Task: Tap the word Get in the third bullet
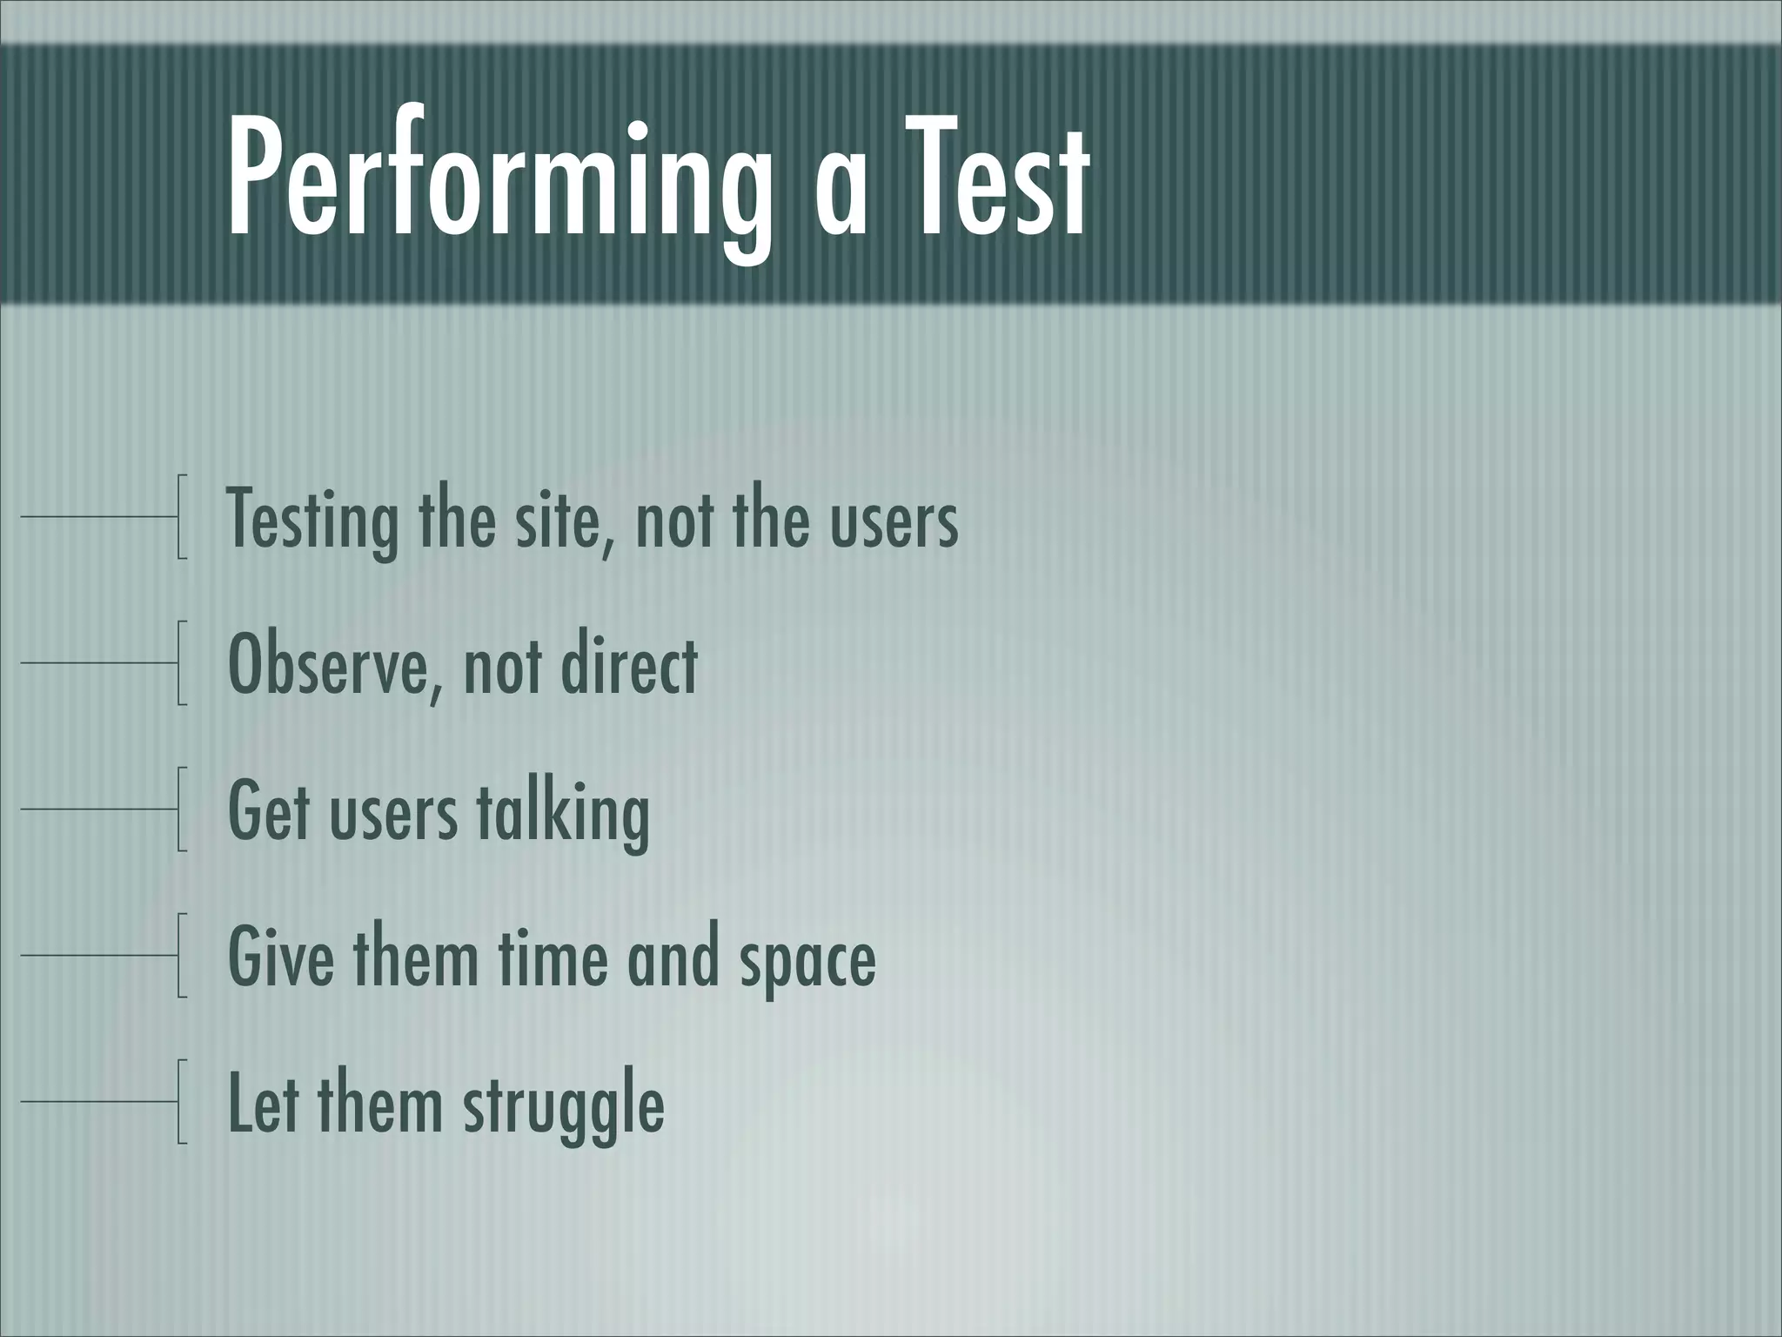(269, 811)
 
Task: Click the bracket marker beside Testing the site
(181, 516)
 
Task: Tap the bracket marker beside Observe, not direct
(181, 662)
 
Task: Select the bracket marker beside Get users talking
(181, 809)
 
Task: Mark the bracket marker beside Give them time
(181, 955)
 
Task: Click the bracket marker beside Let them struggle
(181, 1101)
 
